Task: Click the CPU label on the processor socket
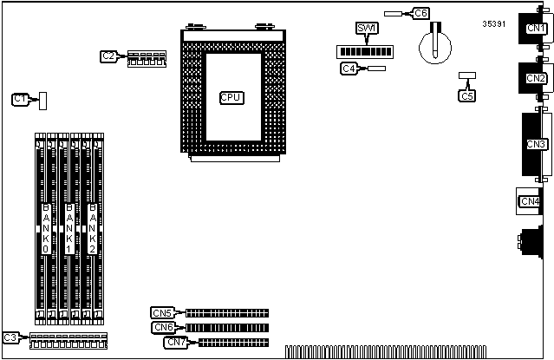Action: [231, 97]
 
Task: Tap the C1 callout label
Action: [21, 100]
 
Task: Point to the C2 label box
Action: [108, 56]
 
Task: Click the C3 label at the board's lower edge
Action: [10, 337]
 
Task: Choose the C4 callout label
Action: [349, 68]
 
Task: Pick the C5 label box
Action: [467, 95]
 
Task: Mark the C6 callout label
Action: [420, 13]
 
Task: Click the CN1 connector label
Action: [537, 29]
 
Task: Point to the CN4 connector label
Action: [529, 202]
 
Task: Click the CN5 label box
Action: [161, 313]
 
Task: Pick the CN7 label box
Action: [175, 342]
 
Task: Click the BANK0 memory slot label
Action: [46, 223]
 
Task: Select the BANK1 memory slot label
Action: [69, 223]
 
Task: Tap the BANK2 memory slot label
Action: [93, 223]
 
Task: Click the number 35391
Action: [494, 23]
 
